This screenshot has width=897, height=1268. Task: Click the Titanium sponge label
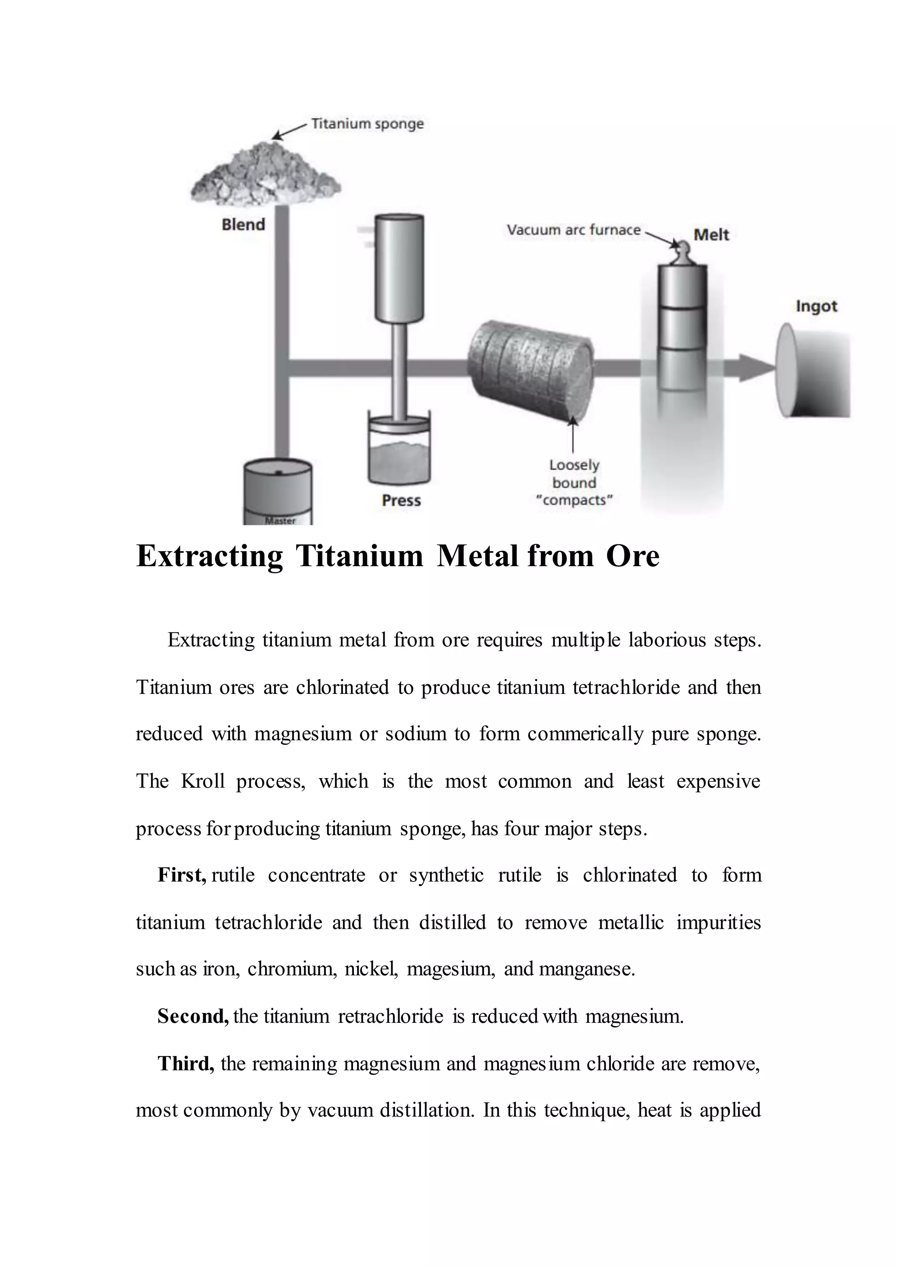click(367, 124)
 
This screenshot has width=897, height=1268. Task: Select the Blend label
click(243, 225)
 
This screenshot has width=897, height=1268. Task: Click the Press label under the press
click(401, 500)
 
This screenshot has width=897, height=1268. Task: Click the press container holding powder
click(399, 454)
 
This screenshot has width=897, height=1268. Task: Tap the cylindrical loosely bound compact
click(529, 370)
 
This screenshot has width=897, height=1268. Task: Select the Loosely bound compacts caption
click(575, 483)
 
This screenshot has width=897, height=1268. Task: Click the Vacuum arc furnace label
click(574, 230)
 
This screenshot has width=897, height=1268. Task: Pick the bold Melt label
click(711, 235)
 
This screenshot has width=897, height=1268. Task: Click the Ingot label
click(816, 306)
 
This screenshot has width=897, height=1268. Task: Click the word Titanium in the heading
click(359, 556)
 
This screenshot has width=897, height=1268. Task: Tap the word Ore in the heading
click(632, 556)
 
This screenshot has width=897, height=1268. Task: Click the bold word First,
click(182, 875)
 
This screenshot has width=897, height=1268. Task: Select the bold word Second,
click(193, 1017)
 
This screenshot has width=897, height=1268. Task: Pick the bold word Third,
click(186, 1064)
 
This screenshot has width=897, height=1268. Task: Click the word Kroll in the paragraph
click(203, 782)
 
